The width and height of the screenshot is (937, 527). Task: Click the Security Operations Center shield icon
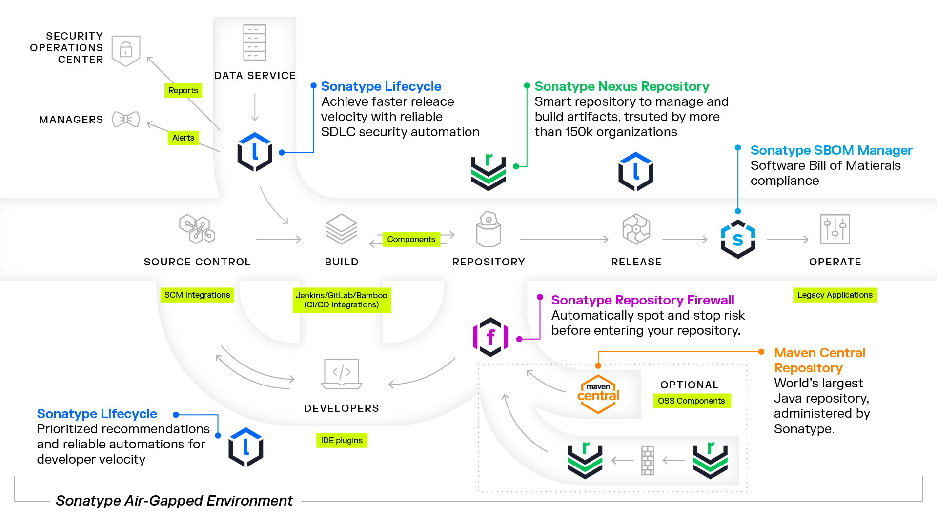tap(126, 50)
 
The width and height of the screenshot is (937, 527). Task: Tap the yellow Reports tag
tap(183, 90)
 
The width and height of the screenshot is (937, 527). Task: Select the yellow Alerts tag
tap(183, 138)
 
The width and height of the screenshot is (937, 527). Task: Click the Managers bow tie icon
tap(126, 119)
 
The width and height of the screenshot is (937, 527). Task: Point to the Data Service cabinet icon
tap(255, 42)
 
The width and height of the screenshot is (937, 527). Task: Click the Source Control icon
tap(197, 229)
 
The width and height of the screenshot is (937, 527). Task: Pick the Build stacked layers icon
tap(342, 229)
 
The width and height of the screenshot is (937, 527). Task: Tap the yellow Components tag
tap(411, 239)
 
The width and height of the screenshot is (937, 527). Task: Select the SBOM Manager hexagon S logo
tap(738, 239)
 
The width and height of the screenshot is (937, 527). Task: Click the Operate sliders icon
tap(835, 229)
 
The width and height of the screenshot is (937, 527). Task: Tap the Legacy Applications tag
tap(835, 295)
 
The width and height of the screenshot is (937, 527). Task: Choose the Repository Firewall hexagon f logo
tap(491, 337)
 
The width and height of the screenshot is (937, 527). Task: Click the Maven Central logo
tap(598, 394)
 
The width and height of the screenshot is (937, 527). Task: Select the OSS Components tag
tap(691, 401)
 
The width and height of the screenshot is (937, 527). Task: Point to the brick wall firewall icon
tap(648, 460)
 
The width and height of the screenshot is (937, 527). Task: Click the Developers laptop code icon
tap(342, 374)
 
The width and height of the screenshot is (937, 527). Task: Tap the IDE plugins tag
tap(342, 440)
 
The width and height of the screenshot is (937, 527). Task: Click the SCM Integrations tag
tap(197, 295)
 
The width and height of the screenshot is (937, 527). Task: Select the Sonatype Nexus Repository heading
tap(622, 86)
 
